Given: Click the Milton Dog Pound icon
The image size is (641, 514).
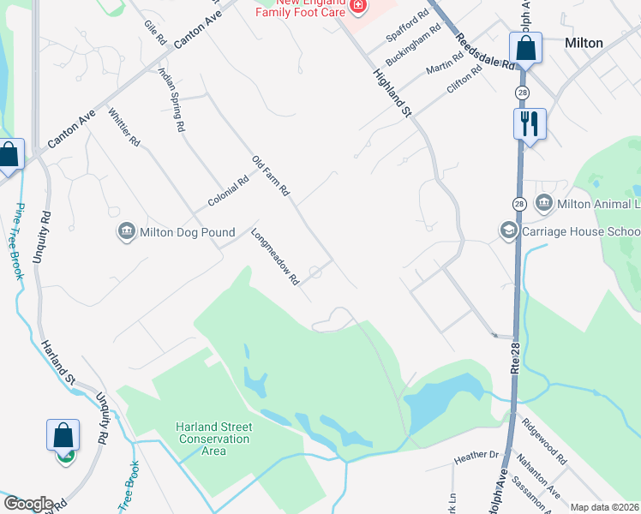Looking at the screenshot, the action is (126, 231).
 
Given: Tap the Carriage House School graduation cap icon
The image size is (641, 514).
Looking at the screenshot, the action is (508, 231).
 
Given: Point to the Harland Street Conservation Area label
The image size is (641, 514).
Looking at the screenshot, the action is (213, 439).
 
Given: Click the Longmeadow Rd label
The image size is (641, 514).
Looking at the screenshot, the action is (275, 255).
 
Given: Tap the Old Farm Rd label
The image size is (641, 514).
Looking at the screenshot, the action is (271, 176).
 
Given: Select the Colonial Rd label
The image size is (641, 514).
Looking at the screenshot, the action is (227, 192).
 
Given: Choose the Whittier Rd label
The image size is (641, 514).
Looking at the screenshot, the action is (124, 128).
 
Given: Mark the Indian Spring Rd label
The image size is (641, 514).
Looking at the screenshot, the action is (171, 99).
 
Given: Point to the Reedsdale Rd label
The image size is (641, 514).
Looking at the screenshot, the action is (484, 52).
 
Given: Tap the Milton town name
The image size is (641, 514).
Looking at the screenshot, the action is (584, 43).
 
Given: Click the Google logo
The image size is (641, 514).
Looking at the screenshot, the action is (27, 504).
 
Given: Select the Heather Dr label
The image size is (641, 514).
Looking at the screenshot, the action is (476, 457).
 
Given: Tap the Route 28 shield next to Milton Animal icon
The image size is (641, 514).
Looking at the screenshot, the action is (520, 204).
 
